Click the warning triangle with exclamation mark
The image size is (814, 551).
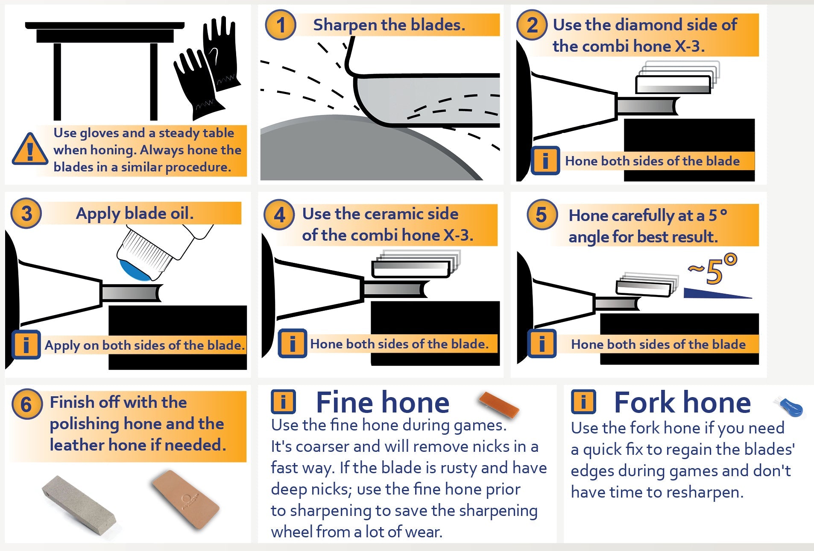pos(30,150)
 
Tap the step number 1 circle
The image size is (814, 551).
pos(281,25)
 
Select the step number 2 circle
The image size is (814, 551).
pos(532,25)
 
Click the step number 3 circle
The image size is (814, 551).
pos(26,213)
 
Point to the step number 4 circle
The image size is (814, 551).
pos(279,215)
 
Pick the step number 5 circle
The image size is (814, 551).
pos(542,215)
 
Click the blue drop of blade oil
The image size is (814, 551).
pos(135,271)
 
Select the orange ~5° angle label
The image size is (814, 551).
pos(712,269)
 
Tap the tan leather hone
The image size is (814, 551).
pos(186,500)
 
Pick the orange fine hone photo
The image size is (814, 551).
pos(499,404)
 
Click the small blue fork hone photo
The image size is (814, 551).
pos(789,406)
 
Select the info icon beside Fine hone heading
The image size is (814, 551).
pos(283,402)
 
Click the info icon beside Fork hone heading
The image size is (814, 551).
pos(583,402)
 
